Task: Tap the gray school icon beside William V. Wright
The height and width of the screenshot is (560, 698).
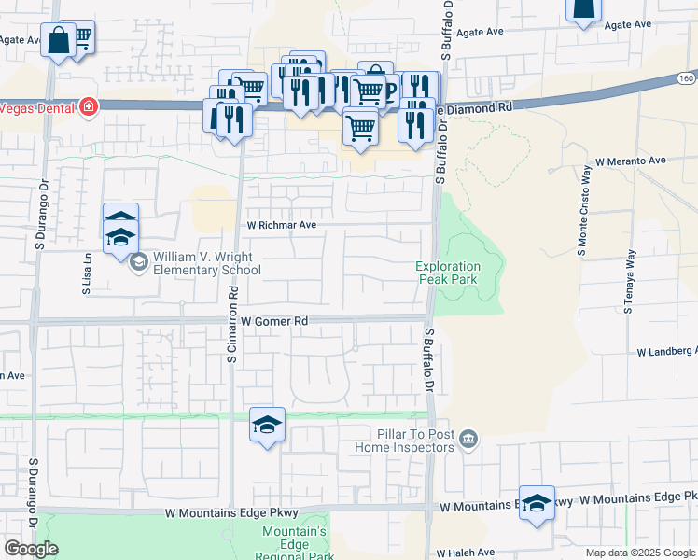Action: pyautogui.click(x=139, y=261)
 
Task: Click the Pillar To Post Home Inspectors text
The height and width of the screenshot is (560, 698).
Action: pyautogui.click(x=404, y=441)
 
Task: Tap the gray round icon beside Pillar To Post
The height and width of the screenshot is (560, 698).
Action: pyautogui.click(x=468, y=437)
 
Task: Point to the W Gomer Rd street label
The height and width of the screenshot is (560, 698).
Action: pyautogui.click(x=274, y=321)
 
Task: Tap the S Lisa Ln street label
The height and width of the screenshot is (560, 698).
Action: pyautogui.click(x=86, y=274)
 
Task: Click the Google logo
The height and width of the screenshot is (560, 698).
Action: pyautogui.click(x=31, y=549)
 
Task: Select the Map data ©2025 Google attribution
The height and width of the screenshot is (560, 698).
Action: pyautogui.click(x=640, y=553)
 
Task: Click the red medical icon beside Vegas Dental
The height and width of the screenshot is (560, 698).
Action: pyautogui.click(x=89, y=106)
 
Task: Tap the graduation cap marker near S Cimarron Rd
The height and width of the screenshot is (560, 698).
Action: pyautogui.click(x=267, y=425)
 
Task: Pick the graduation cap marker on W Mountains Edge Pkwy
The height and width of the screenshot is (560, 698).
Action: pyautogui.click(x=537, y=503)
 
